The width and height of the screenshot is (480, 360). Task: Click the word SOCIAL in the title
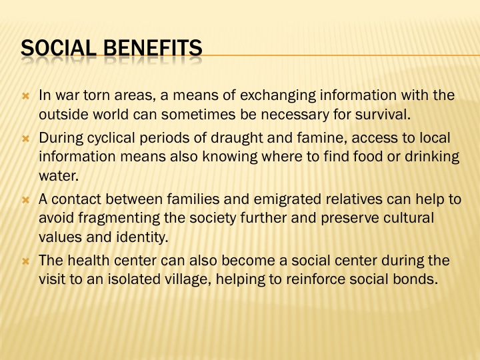pyautogui.click(x=59, y=48)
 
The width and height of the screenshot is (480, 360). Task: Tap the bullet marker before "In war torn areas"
pyautogui.click(x=26, y=97)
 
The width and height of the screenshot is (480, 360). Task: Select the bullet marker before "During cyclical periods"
pyautogui.click(x=26, y=139)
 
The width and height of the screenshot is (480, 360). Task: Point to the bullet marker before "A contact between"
pyautogui.click(x=26, y=200)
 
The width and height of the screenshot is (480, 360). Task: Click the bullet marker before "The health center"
pyautogui.click(x=26, y=261)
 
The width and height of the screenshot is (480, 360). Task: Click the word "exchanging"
pyautogui.click(x=277, y=96)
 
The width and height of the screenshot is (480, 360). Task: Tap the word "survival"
pyautogui.click(x=383, y=115)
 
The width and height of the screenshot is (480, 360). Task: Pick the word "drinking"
pyautogui.click(x=432, y=157)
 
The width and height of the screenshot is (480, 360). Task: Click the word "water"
pyautogui.click(x=59, y=176)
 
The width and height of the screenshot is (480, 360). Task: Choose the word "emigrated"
pyautogui.click(x=287, y=199)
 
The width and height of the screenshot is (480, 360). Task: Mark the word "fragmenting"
pyautogui.click(x=119, y=218)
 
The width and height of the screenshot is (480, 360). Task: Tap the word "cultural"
pyautogui.click(x=409, y=218)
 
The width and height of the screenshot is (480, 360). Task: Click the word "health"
pyautogui.click(x=89, y=261)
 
